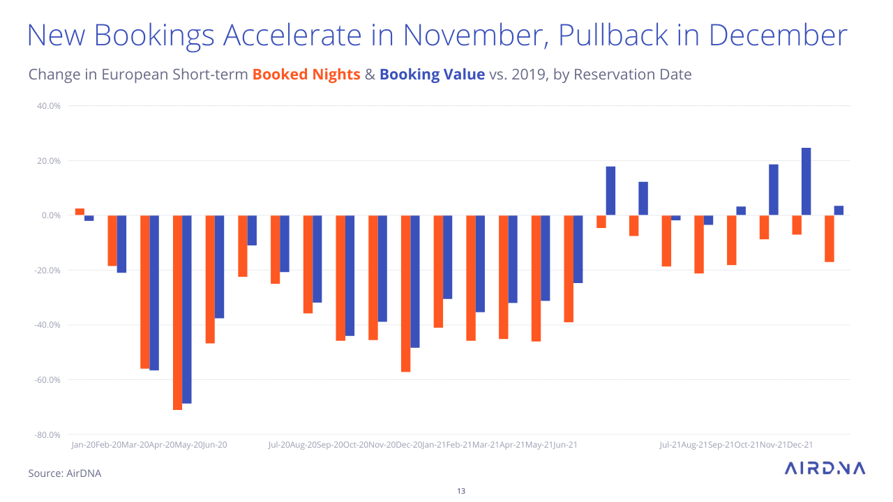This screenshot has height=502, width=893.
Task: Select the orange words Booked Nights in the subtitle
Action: point(306,75)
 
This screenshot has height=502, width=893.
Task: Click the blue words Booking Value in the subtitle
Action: point(432,75)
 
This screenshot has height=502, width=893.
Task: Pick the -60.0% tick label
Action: point(47,380)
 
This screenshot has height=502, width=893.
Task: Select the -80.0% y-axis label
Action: point(47,435)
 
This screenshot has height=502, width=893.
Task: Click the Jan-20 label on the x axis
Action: point(83,445)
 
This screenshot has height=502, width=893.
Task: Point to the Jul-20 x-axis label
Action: point(279,445)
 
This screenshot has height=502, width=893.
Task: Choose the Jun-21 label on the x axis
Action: point(564,445)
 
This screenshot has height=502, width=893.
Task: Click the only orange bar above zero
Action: point(80,212)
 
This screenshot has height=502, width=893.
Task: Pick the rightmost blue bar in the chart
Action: point(839,211)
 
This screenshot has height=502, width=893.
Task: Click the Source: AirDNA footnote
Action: point(65,473)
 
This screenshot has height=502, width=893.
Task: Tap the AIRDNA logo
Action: point(825,469)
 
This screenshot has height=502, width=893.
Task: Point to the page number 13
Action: point(460,491)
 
